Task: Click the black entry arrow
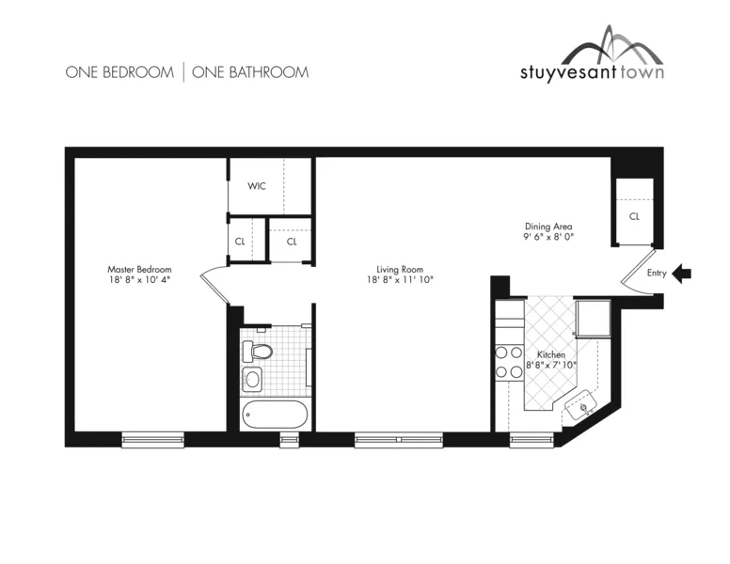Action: tap(683, 274)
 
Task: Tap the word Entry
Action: tap(657, 274)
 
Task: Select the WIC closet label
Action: tap(257, 186)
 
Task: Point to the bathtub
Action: tap(274, 414)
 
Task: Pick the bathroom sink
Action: tap(253, 381)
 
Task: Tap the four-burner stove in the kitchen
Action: tap(509, 362)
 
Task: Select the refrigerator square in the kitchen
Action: tap(593, 318)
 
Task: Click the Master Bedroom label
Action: tap(139, 269)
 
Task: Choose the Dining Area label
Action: tap(548, 227)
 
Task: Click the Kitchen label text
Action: tap(550, 354)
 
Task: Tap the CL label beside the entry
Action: tap(634, 215)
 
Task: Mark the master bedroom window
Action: tap(151, 439)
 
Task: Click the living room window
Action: tap(398, 439)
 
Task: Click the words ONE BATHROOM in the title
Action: tap(250, 71)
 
